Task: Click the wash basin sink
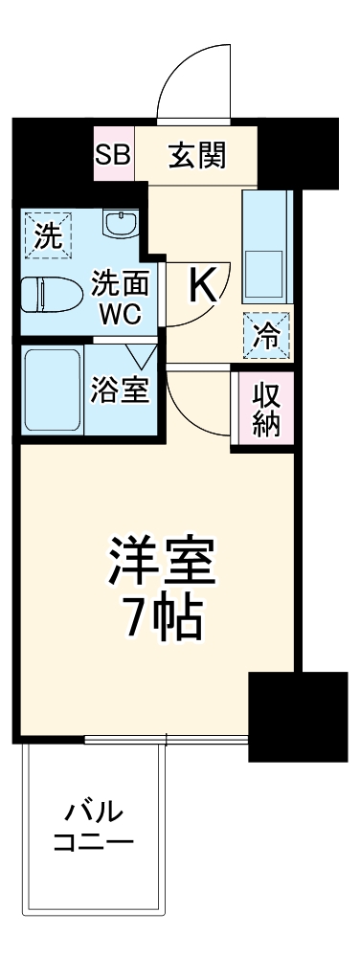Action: (120, 227)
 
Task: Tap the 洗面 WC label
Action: (116, 297)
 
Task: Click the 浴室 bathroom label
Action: (121, 391)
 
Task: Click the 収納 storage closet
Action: (264, 410)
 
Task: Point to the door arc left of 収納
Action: (199, 402)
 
